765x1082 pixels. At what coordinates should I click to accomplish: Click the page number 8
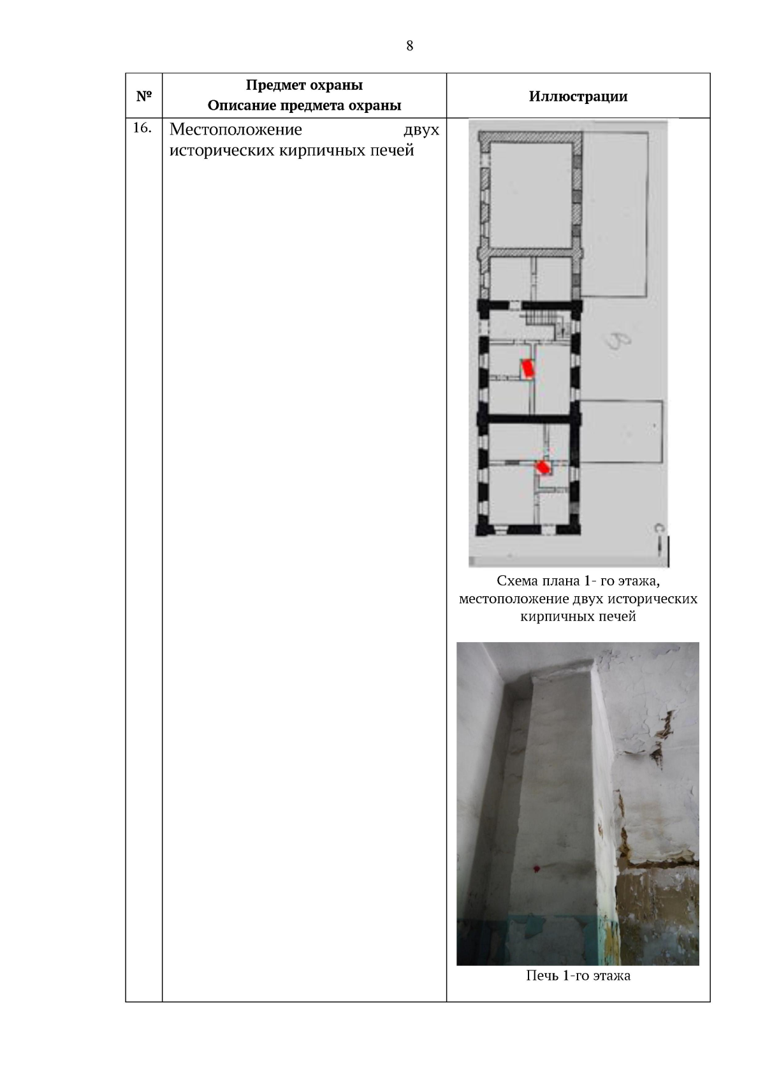(x=409, y=46)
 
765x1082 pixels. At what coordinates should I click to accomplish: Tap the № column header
(x=144, y=96)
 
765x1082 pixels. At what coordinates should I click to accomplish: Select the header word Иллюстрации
(x=578, y=96)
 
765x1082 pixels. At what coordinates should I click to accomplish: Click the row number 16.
(x=142, y=128)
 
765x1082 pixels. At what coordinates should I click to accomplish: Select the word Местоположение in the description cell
(x=236, y=129)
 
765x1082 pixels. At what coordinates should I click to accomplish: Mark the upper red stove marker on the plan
(x=527, y=369)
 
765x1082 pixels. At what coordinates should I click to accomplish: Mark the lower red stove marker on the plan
(x=543, y=467)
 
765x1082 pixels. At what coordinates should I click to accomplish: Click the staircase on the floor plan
(x=540, y=319)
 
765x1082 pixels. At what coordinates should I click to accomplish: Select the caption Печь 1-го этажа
(x=578, y=976)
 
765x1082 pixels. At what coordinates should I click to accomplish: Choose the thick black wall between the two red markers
(x=529, y=420)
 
